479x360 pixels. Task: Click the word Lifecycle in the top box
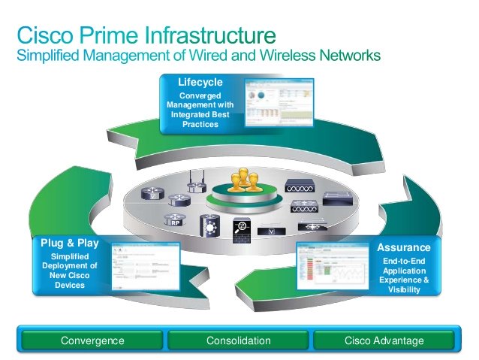[200, 81]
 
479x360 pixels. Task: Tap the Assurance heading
[404, 247]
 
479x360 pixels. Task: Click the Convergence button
[92, 340]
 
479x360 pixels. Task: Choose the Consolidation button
[238, 340]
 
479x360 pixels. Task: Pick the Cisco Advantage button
[384, 340]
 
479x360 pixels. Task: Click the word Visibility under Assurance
[405, 289]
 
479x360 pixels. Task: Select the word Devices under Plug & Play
[69, 285]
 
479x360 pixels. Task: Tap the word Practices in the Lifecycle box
[200, 124]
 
